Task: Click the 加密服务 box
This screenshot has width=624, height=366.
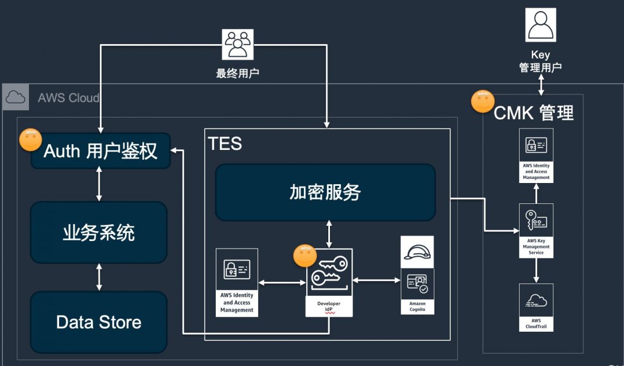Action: [325, 192]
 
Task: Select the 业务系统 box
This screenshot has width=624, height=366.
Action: [99, 232]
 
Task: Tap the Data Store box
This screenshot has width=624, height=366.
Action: [99, 322]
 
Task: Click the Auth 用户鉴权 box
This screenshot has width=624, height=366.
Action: [100, 151]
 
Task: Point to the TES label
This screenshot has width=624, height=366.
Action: [225, 143]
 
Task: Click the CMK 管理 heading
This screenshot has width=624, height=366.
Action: [533, 112]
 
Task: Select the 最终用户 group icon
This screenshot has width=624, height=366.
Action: [238, 45]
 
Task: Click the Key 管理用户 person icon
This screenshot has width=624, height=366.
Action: [540, 25]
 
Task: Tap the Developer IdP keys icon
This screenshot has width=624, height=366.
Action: [329, 274]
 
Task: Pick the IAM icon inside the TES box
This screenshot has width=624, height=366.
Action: [237, 270]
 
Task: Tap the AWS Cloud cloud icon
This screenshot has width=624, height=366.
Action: [16, 97]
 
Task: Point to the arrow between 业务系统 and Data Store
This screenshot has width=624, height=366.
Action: [99, 277]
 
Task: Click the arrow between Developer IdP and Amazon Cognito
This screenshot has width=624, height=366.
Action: [377, 281]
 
